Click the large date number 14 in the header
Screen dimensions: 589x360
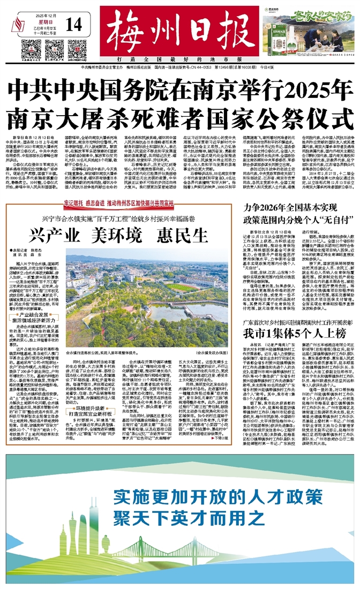(x=76, y=24)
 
